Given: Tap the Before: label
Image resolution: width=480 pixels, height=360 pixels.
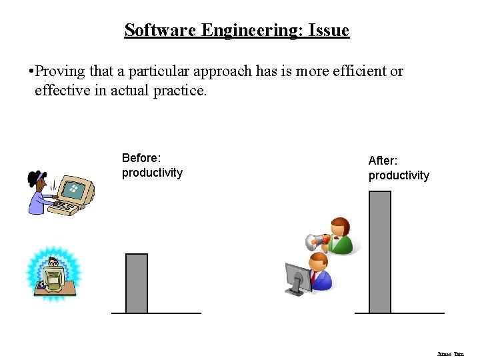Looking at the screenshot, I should (141, 158).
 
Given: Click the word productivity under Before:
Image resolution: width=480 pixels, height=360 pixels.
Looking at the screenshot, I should (152, 173).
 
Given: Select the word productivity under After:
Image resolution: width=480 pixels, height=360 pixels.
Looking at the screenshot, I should (399, 175).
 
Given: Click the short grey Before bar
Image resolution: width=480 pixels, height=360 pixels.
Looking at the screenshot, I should (137, 283).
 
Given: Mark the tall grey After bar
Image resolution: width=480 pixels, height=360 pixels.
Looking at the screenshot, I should (380, 251).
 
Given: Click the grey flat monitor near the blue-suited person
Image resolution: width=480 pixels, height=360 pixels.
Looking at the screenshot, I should (297, 277).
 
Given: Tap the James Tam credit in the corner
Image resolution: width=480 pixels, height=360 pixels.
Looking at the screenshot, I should (450, 354).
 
